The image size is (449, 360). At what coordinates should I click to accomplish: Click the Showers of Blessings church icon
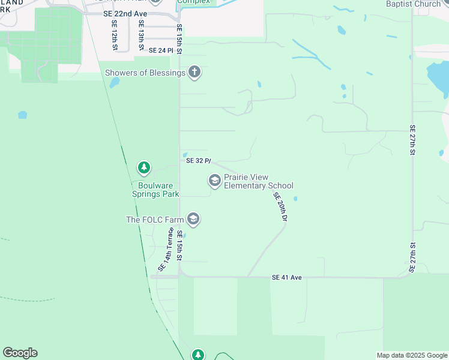(194, 73)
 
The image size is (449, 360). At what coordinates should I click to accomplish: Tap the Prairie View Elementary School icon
(214, 181)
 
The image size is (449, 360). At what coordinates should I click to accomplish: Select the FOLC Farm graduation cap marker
(193, 220)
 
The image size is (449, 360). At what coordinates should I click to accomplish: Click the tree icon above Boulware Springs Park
(143, 167)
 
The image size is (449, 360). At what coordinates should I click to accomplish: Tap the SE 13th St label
(141, 34)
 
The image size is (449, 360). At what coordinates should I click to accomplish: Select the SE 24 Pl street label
(160, 50)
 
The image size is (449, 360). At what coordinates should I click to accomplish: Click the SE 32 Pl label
(199, 161)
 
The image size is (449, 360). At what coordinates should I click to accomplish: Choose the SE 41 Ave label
(286, 277)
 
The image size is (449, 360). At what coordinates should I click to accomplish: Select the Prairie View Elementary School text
(258, 182)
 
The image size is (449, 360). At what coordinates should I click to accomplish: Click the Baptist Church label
(414, 4)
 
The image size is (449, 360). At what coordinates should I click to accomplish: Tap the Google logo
(20, 353)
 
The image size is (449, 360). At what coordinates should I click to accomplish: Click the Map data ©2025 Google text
(411, 355)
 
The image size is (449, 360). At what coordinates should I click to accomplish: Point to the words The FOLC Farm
(154, 220)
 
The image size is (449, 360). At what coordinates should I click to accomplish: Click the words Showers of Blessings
(145, 73)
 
